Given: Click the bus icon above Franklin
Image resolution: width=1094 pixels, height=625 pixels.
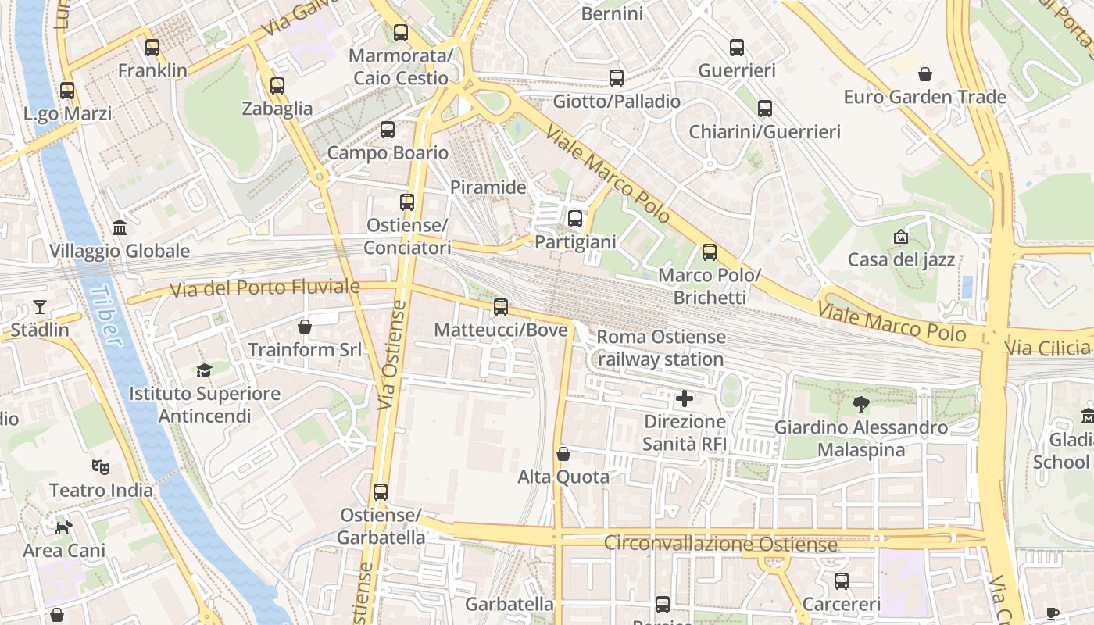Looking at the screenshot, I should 152,47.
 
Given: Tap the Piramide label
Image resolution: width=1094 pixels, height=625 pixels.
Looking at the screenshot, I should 488,187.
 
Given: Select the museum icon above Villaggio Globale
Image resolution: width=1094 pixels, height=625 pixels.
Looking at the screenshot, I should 120,228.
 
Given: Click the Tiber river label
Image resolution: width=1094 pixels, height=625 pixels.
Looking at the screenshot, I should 105,315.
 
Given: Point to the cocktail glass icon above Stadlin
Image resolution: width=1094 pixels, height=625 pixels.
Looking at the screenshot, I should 40,307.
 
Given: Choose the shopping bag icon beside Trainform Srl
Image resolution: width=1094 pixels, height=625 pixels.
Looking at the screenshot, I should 305,327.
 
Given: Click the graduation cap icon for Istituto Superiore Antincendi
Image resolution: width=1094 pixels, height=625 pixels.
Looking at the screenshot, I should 204,370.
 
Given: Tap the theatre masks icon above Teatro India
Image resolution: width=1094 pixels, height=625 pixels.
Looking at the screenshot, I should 101,467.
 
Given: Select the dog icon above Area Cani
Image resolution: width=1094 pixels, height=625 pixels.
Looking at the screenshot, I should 63,527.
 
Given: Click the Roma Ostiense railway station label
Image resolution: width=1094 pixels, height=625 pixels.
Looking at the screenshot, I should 661,348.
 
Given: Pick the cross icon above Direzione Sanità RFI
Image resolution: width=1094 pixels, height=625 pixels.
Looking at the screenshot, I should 685,399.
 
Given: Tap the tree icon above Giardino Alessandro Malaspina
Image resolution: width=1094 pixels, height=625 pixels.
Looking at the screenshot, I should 861,405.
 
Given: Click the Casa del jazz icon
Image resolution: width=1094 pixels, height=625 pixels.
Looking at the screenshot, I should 901,237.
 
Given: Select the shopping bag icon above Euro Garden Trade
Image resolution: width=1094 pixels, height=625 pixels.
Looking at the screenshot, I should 925,74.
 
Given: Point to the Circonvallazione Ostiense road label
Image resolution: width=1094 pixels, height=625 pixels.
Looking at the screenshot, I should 720,544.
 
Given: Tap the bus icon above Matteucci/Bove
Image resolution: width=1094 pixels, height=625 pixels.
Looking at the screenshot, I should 501,307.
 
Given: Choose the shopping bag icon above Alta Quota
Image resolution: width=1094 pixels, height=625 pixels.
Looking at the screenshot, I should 563,454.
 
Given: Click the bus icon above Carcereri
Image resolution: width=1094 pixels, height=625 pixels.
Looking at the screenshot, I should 842,581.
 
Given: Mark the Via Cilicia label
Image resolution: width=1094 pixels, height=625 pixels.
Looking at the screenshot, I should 1048,347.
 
